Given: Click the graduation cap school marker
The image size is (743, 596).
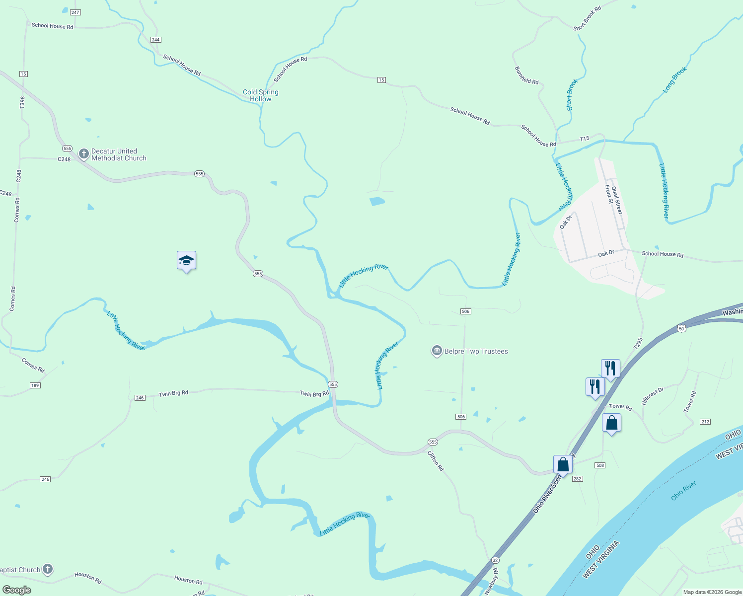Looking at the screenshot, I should pos(186,261).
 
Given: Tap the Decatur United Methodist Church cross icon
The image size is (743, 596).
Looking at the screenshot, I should pos(84,154).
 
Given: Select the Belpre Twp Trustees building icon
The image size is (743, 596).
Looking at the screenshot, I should pos(437,351).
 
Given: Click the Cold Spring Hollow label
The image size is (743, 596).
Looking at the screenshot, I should pos(261,95).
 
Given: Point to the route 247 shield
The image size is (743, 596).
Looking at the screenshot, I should pos(75,12).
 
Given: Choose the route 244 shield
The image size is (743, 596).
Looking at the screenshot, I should pos(155,40).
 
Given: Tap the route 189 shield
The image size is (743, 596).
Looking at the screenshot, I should pos(35,385).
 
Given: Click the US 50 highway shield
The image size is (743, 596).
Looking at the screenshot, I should pos(681,329).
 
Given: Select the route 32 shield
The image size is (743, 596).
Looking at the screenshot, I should pos(495,560).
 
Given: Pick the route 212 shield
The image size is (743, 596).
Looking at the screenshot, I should pos(705,422).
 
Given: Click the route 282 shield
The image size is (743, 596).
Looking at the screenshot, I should pos(577,479).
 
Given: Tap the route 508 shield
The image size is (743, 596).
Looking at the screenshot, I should pos(600,465).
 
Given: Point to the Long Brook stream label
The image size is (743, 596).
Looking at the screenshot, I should pos(675,80).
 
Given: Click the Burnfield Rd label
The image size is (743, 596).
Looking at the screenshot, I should pos(526,75).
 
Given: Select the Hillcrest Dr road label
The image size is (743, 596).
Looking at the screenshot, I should pos(653,396).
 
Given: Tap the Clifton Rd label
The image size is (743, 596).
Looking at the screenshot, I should pos(436,460).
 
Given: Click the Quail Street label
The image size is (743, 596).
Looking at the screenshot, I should pos(617,200).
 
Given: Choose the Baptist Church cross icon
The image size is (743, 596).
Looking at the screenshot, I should pos(48,569).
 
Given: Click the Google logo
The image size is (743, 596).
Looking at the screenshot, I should pos(16,590).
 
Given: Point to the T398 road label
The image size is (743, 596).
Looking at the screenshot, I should pos(22,102).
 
